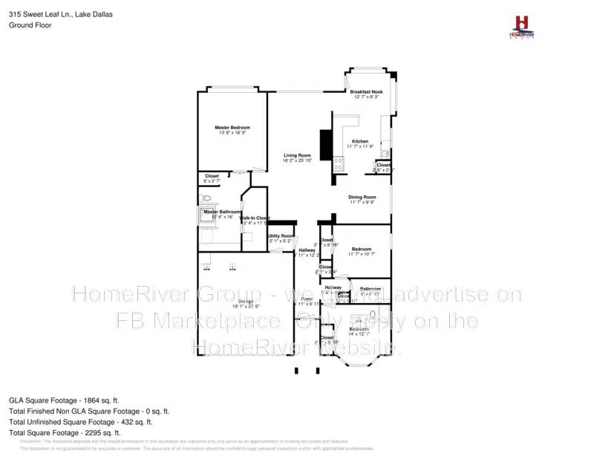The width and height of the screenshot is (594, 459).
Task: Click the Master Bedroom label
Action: [x=232, y=128]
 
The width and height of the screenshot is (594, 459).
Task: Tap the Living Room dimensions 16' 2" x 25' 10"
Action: [x=295, y=160]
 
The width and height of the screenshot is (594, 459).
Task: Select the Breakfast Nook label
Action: [x=366, y=91]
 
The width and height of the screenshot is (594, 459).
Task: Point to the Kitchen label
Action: [x=359, y=141]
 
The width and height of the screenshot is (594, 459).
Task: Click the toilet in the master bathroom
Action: [x=206, y=198]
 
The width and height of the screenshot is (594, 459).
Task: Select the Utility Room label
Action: [x=281, y=235]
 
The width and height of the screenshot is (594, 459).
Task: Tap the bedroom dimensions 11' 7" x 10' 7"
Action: [x=362, y=254]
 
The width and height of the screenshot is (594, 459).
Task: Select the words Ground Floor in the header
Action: [x=27, y=25]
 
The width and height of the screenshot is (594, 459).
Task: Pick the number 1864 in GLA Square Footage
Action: [x=105, y=400]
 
